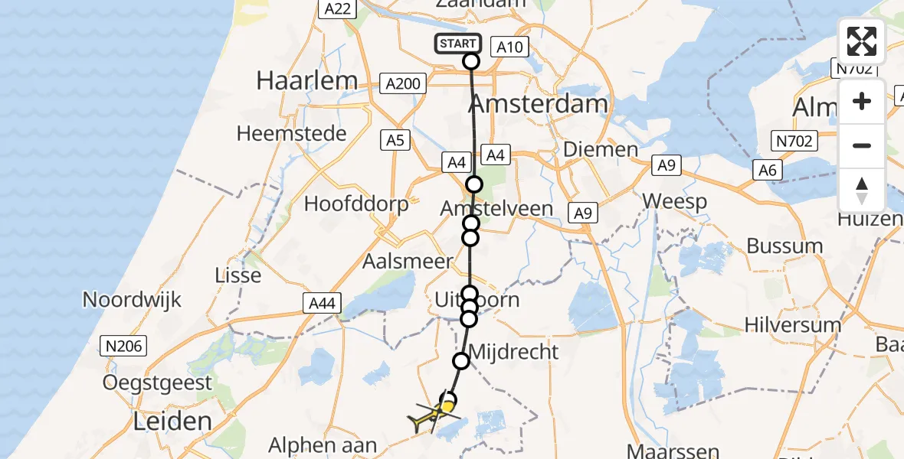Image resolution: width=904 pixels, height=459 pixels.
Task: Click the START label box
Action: pyautogui.click(x=459, y=44)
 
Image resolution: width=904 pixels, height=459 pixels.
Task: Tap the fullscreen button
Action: pyautogui.click(x=862, y=41)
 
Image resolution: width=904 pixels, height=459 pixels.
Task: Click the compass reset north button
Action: pyautogui.click(x=862, y=190)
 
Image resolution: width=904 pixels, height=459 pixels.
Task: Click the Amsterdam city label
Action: pyautogui.click(x=538, y=103)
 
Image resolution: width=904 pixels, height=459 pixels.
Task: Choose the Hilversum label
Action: pyautogui.click(x=792, y=324)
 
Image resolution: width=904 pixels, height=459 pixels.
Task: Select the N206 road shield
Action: pyautogui.click(x=124, y=347)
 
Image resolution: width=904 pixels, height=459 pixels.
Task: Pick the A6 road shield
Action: pyautogui.click(x=767, y=170)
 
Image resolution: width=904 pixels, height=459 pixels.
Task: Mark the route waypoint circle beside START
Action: pyautogui.click(x=471, y=61)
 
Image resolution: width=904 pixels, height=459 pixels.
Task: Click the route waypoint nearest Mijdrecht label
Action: pyautogui.click(x=461, y=360)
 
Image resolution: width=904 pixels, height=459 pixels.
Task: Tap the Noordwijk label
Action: pyautogui.click(x=132, y=299)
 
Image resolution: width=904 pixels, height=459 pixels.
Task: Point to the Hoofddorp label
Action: pyautogui.click(x=356, y=203)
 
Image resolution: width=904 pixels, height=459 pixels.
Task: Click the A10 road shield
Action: pyautogui.click(x=509, y=47)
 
